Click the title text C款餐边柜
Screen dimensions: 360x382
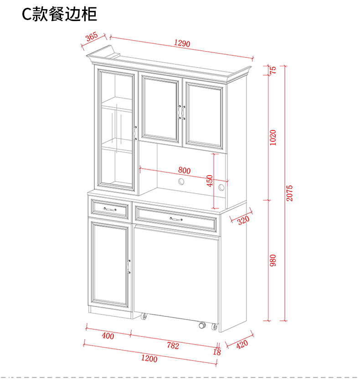[60, 15]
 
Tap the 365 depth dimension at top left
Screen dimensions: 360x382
[92, 37]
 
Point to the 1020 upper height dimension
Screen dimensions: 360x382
[273, 137]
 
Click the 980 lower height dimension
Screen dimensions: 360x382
[273, 260]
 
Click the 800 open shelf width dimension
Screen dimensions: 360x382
[184, 170]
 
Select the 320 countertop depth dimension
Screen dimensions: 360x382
[243, 220]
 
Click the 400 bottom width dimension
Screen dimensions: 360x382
[108, 336]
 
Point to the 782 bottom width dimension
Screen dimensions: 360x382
[173, 346]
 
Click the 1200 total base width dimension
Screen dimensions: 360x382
[149, 359]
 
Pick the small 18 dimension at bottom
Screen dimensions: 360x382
[217, 352]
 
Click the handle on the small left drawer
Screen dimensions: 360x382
[110, 209]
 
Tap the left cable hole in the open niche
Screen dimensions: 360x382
[181, 182]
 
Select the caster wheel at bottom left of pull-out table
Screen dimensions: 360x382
[144, 316]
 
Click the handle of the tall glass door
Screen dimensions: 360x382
[135, 132]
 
